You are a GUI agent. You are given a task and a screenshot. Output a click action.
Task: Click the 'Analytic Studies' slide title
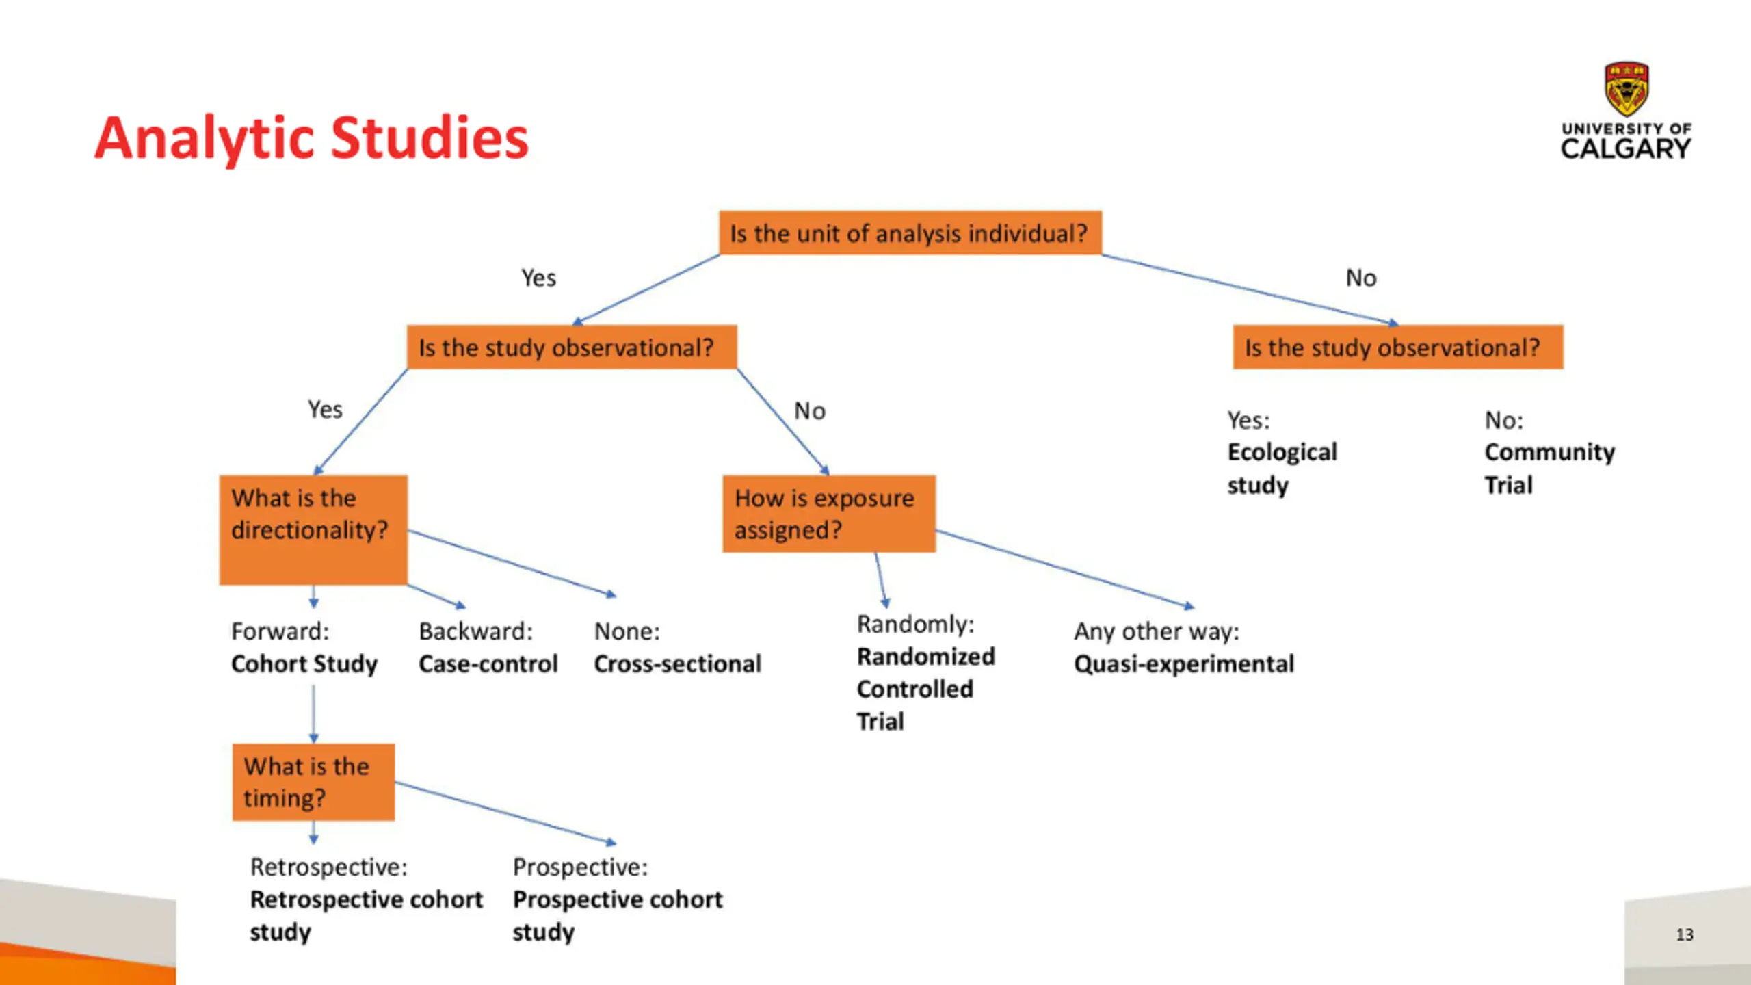[x=311, y=138]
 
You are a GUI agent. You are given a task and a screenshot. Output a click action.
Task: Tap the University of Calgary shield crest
[x=1627, y=89]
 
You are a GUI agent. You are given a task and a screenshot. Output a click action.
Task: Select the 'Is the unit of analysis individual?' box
[x=910, y=233]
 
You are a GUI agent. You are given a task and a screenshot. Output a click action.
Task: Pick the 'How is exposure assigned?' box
[x=828, y=514]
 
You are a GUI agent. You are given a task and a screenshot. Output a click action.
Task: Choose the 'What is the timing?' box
[x=313, y=781]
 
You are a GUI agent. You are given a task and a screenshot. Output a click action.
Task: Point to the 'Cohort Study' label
[x=304, y=664]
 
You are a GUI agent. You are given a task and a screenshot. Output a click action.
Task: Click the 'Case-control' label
[x=488, y=664]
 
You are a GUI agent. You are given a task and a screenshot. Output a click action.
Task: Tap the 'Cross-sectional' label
[x=677, y=664]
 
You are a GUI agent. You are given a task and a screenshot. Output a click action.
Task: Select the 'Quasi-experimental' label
[x=1183, y=664]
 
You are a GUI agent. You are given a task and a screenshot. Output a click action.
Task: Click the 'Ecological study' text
[x=1281, y=469]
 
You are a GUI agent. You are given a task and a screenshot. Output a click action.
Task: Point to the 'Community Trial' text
[x=1549, y=469]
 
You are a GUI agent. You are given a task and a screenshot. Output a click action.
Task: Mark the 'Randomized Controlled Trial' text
[x=925, y=689]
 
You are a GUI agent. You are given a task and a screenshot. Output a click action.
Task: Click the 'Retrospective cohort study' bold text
[x=366, y=915]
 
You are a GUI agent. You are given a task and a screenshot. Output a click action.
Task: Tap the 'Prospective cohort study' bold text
[x=617, y=915]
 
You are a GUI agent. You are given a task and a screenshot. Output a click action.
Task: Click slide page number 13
[x=1684, y=934]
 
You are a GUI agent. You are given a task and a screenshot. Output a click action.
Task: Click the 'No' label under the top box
[x=1360, y=278]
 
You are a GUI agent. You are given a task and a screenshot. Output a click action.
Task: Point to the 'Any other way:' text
[x=1156, y=631]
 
